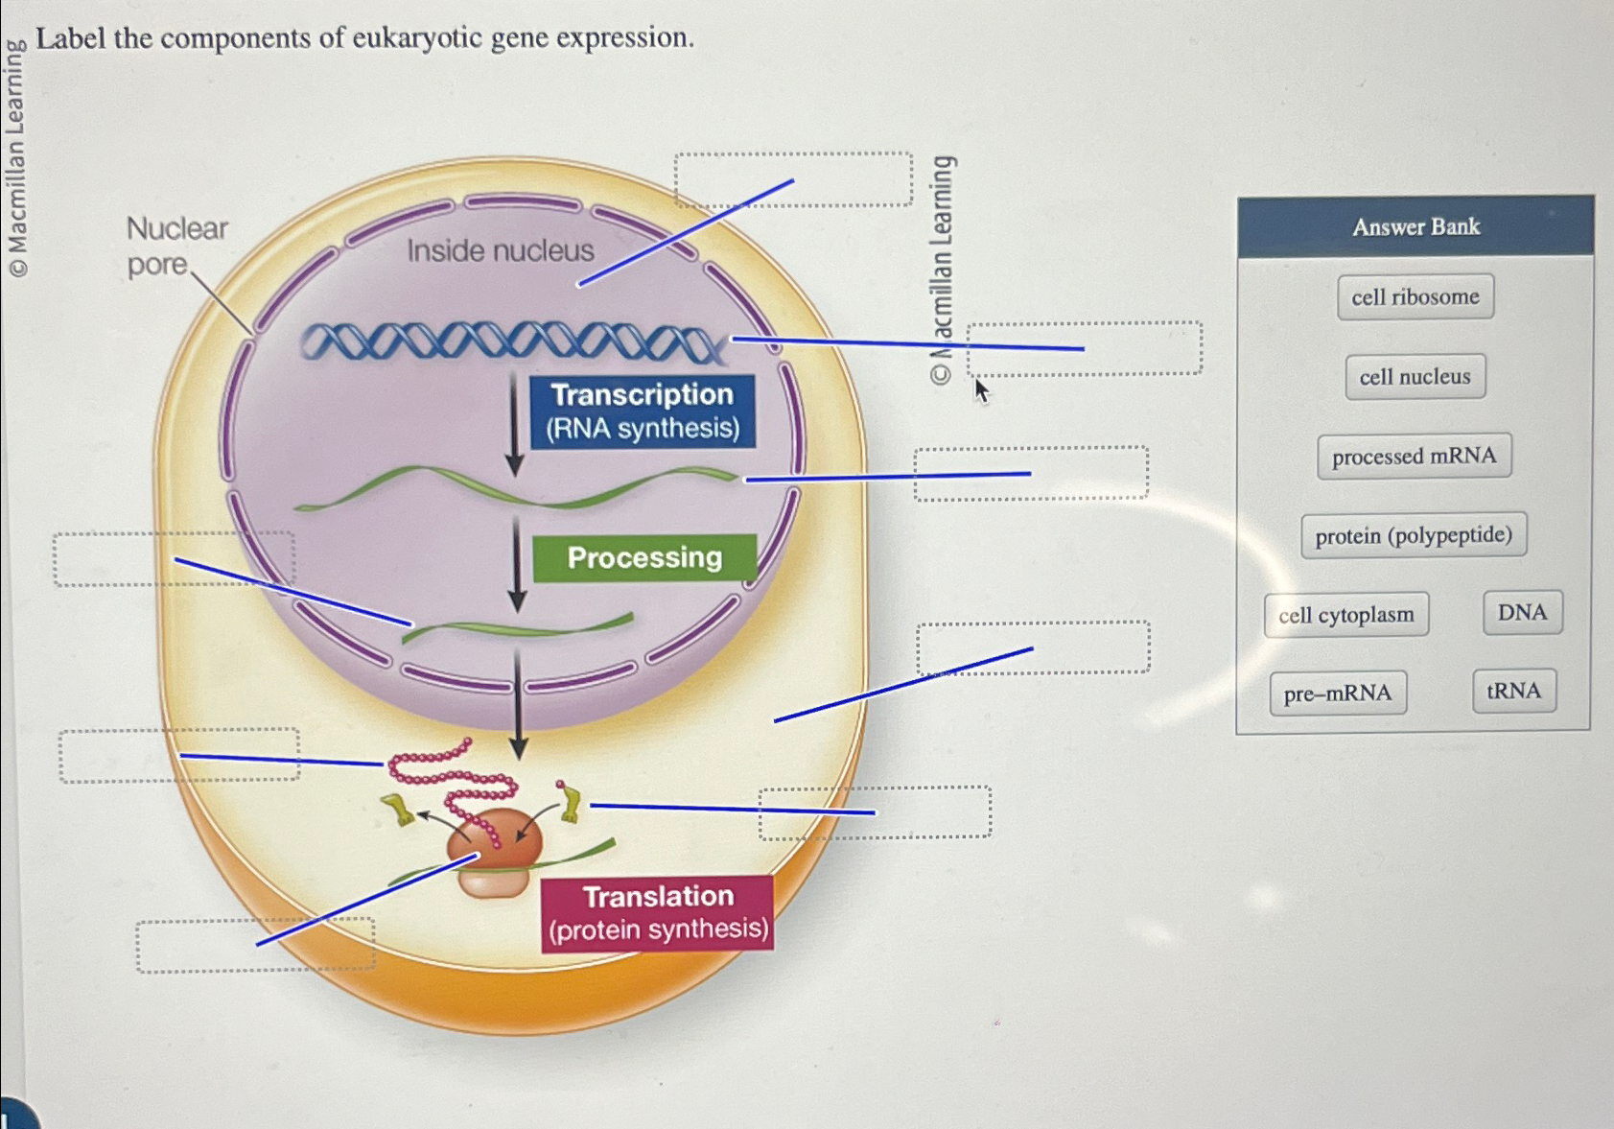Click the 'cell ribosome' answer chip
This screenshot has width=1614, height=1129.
[1415, 297]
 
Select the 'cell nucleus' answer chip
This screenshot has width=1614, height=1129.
[1415, 377]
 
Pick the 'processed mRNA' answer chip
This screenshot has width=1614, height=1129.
[1414, 457]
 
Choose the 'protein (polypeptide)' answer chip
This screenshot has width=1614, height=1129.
[1413, 535]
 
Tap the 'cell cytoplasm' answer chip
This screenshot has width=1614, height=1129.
[1345, 615]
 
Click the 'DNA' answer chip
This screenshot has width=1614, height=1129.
[1522, 613]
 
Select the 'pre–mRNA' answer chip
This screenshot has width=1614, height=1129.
[1338, 694]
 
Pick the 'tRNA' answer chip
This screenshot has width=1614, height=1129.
[1513, 692]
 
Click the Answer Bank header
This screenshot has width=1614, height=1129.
[1415, 227]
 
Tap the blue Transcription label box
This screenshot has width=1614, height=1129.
[642, 412]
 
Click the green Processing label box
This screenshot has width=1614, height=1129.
[643, 558]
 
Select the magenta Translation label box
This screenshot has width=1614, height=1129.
[657, 913]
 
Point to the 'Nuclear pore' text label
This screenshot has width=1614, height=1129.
[175, 246]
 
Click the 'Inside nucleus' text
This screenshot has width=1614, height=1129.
[500, 251]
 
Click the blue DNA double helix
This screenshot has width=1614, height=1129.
[508, 342]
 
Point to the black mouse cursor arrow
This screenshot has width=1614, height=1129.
[980, 390]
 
